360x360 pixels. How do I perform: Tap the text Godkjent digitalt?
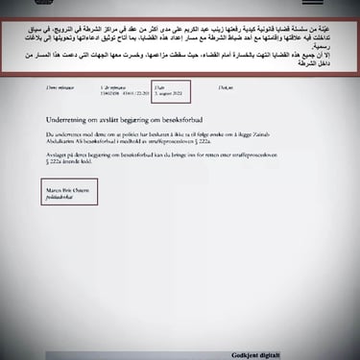click(293, 345)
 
